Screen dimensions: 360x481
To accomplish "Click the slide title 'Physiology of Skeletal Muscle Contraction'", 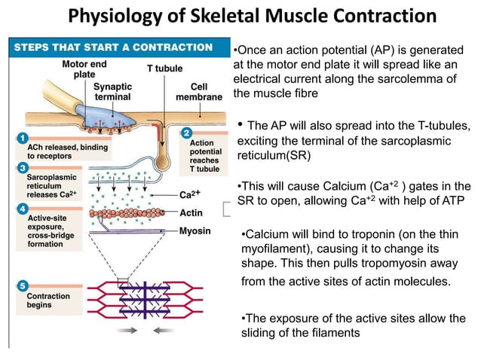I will tap(252, 16).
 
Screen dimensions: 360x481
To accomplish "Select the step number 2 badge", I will tap(187, 133).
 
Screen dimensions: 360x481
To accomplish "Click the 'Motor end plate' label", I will tap(84, 69).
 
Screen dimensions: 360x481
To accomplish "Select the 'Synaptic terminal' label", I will tap(112, 92).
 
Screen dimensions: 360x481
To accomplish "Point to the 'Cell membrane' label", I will tap(199, 92).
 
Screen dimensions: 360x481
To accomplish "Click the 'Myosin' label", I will tap(195, 231).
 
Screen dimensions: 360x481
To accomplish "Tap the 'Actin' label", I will tap(191, 213).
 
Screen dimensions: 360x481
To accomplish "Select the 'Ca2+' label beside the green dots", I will tap(190, 194).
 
